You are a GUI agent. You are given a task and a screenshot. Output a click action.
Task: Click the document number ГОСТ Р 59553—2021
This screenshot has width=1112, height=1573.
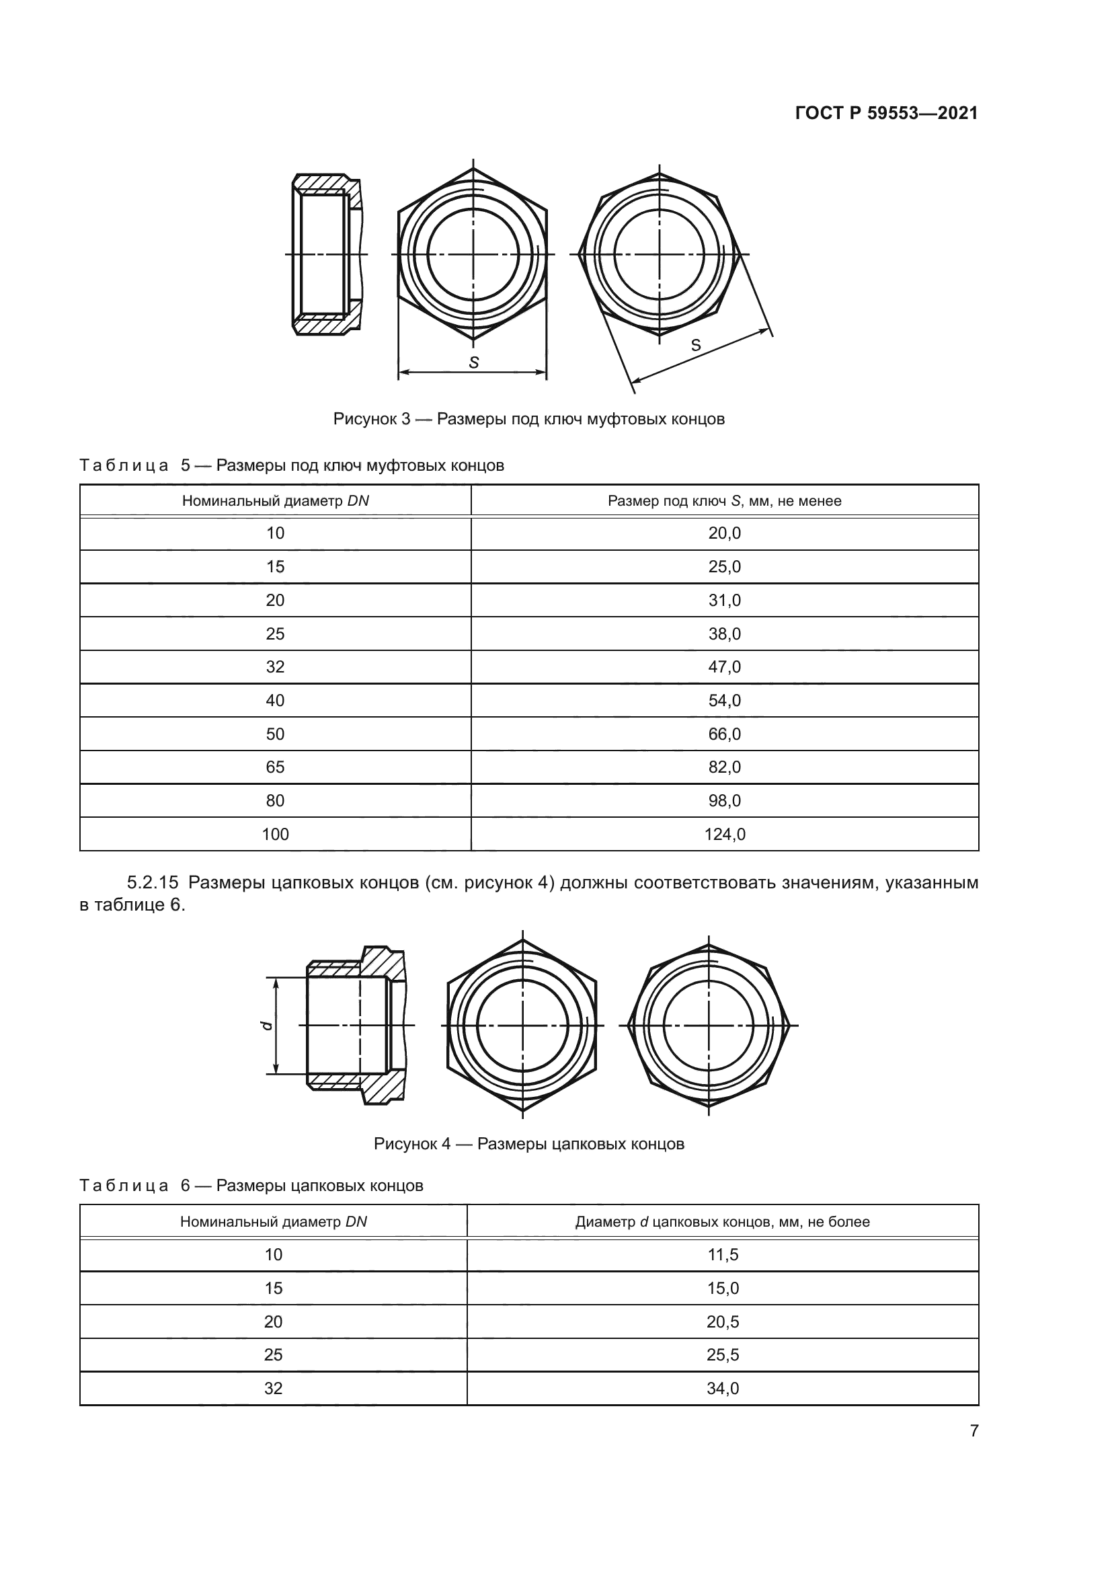pos(886,114)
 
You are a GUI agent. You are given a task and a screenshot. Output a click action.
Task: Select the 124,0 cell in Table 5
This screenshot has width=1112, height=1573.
pos(725,834)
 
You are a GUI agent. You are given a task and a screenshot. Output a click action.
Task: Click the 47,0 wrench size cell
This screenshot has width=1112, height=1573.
pos(725,666)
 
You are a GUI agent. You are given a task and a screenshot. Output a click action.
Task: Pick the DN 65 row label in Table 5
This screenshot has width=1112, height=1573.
pos(274,767)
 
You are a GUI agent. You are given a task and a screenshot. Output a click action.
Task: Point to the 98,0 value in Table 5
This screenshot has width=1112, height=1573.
pos(725,800)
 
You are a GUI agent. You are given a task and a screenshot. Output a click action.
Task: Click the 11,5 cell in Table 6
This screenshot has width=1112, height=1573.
pos(722,1254)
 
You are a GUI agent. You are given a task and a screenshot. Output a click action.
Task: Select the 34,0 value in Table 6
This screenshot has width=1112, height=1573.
pos(722,1388)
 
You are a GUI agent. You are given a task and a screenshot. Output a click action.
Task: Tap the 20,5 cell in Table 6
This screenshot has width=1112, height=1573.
pos(722,1321)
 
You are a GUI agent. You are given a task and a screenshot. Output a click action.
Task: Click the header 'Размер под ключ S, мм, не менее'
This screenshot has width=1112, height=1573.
pos(725,501)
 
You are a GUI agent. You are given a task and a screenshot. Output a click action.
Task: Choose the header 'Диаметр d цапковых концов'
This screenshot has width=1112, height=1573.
pos(722,1221)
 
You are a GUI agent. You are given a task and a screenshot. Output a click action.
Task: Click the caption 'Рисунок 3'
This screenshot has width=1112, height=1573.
pos(371,418)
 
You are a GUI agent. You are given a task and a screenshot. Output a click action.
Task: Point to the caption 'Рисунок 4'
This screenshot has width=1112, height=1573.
pos(411,1143)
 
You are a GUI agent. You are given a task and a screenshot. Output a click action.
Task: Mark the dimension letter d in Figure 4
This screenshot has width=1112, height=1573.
pos(267,1026)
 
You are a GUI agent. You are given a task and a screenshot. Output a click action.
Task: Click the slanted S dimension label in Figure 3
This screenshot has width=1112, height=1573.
pos(696,345)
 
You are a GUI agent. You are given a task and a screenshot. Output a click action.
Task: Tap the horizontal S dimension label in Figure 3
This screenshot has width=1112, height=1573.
pos(473,363)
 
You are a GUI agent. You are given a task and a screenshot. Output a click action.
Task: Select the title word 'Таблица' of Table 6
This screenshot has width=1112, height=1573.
pos(124,1186)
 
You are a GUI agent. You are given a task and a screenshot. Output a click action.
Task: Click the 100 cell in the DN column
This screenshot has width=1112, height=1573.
pos(274,834)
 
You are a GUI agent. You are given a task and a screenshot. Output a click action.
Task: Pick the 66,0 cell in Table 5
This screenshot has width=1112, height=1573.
pos(725,734)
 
